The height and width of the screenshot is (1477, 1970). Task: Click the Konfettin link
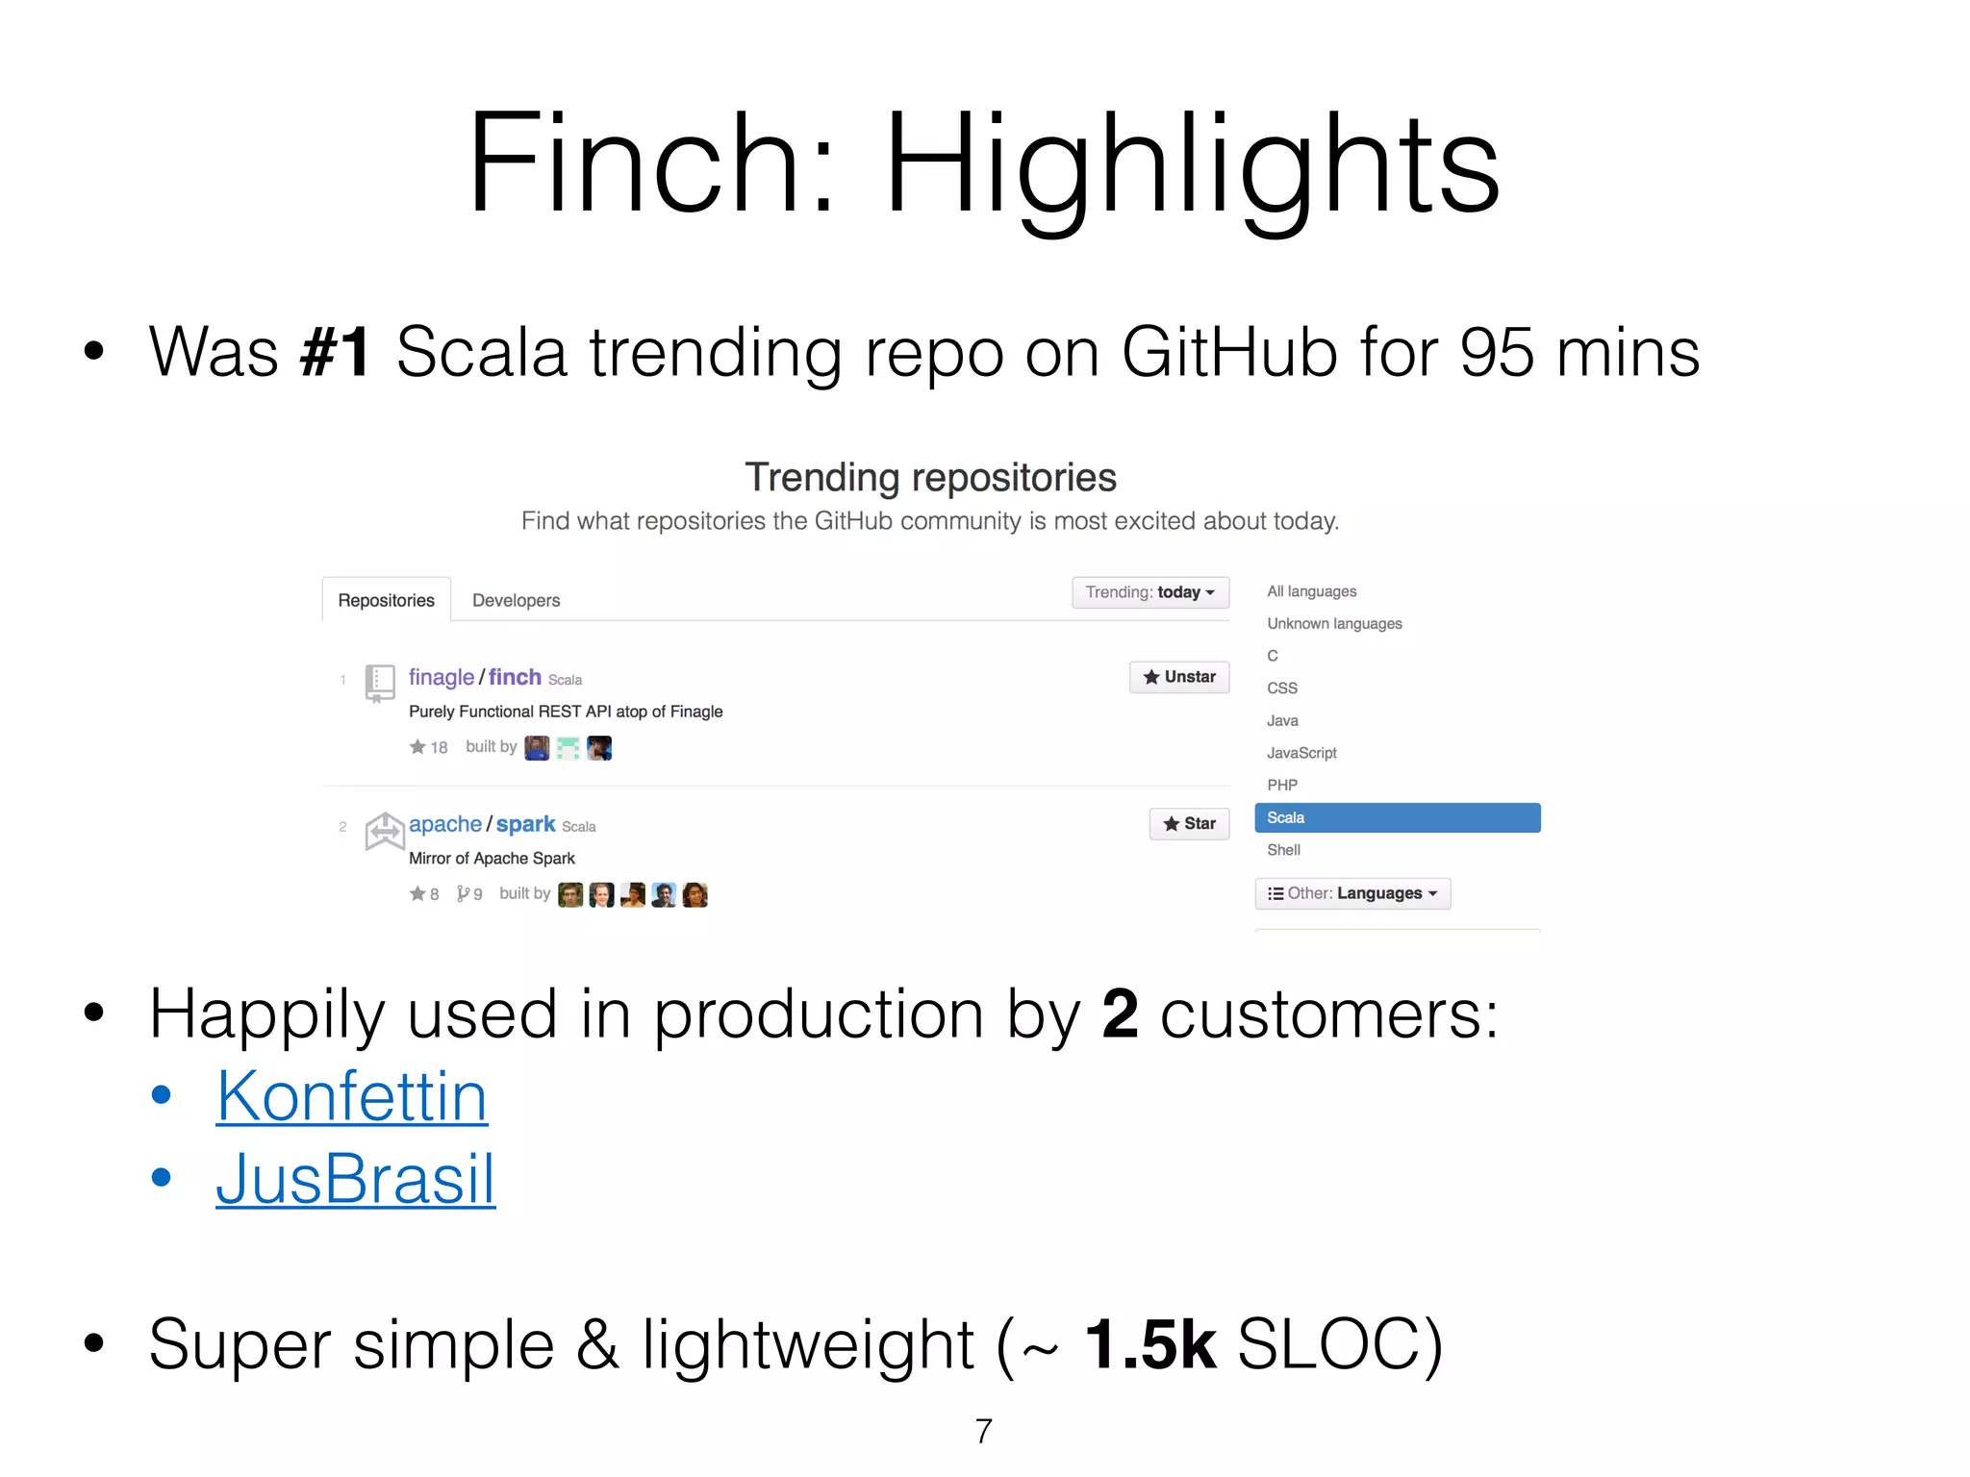(352, 1097)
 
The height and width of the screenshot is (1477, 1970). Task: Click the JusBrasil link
(355, 1180)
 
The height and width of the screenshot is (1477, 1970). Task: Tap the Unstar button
(1179, 677)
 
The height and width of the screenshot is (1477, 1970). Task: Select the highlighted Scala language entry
(1397, 817)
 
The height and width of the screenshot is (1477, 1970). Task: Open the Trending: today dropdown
(1150, 592)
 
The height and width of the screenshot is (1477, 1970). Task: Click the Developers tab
(516, 600)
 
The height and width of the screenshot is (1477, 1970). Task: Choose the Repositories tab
(386, 600)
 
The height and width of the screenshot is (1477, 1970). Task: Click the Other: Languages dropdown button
(1352, 893)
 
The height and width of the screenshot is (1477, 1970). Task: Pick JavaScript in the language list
(1301, 753)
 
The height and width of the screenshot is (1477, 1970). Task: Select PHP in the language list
(1282, 785)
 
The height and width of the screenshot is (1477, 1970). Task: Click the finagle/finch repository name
(475, 677)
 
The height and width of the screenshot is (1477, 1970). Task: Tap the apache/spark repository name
(482, 824)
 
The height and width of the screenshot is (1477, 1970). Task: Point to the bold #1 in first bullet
(335, 352)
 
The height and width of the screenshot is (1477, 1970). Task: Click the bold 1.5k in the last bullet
(1149, 1344)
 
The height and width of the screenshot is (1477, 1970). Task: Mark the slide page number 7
(984, 1431)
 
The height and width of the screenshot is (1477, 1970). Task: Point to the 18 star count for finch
(439, 747)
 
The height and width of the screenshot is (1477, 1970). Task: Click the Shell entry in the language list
(1283, 850)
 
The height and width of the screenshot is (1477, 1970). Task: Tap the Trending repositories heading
(930, 477)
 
